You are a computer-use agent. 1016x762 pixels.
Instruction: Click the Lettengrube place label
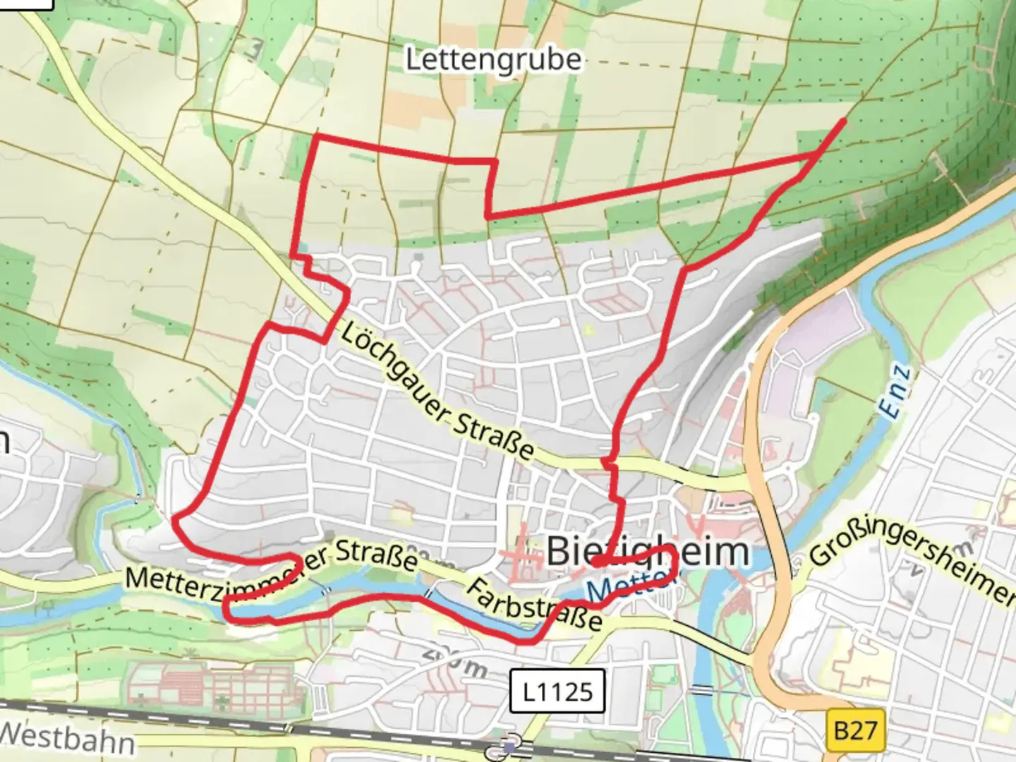[x=494, y=59]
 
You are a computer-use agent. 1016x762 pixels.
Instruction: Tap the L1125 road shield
[x=557, y=691]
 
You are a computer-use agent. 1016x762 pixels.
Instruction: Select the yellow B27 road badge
[x=854, y=730]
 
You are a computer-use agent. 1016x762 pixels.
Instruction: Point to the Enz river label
[x=895, y=392]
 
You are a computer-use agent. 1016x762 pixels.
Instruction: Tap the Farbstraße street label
[x=534, y=605]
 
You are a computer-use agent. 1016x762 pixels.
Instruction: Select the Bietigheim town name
[x=648, y=551]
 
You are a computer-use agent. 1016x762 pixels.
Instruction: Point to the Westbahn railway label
[x=67, y=738]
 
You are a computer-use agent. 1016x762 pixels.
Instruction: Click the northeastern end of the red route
[x=844, y=121]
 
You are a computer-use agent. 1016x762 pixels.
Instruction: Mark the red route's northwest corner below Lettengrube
[x=315, y=135]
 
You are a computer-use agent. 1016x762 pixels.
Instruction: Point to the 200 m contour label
[x=455, y=663]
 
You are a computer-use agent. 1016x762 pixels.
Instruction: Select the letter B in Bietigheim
[x=560, y=551]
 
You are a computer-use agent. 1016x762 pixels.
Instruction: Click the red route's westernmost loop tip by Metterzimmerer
[x=226, y=609]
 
